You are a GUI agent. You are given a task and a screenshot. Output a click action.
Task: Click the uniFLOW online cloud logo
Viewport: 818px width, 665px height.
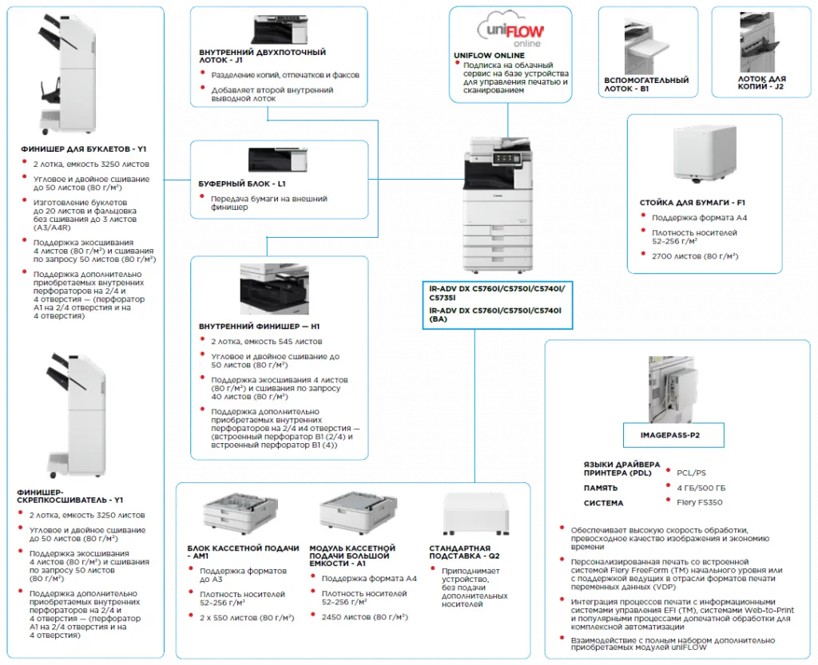(x=510, y=30)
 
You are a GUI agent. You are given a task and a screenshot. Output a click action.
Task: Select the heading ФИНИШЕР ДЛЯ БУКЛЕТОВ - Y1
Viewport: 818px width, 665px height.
(x=84, y=148)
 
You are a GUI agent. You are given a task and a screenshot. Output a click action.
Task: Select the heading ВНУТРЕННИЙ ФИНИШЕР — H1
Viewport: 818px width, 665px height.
(x=259, y=327)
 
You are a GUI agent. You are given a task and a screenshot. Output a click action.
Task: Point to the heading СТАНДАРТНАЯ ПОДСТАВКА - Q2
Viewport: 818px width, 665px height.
(x=465, y=551)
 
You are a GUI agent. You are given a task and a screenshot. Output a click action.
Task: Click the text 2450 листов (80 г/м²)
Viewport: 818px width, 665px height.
(x=364, y=617)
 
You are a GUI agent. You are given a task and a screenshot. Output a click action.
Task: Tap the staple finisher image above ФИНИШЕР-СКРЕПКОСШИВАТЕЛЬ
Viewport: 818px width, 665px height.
(x=76, y=415)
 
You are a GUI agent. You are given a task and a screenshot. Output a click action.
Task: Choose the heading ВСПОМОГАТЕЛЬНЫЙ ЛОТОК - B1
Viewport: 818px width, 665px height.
(x=647, y=85)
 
